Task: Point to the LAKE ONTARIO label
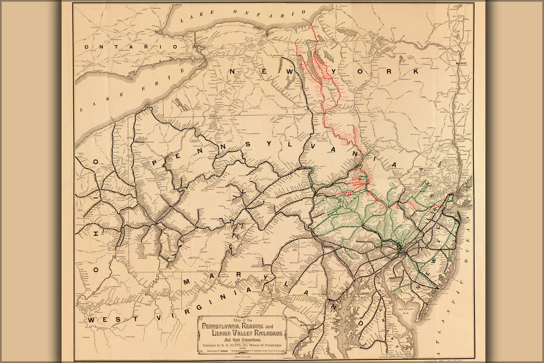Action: click(247, 16)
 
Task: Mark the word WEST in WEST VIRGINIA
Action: click(101, 320)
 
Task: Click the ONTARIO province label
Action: click(131, 47)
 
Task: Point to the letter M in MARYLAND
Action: click(188, 282)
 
